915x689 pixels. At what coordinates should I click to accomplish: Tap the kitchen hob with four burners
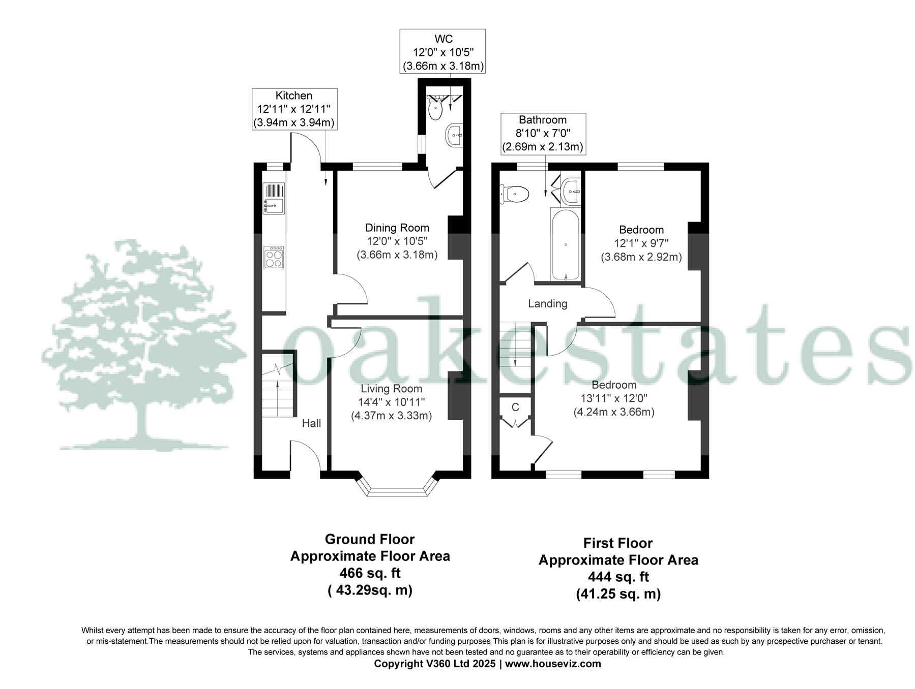pos(274,257)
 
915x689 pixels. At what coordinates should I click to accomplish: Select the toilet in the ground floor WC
pos(435,109)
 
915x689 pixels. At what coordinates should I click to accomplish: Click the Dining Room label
pos(397,228)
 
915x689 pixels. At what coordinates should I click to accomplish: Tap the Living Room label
pos(391,389)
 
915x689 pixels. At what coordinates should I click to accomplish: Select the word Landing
pos(547,304)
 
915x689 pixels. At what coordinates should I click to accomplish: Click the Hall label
pos(311,423)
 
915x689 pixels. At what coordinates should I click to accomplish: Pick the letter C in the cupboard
pos(515,408)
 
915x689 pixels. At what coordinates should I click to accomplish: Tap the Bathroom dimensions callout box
pos(543,134)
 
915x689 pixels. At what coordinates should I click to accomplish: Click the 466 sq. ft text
pos(370,573)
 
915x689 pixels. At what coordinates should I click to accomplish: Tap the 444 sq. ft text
pos(618,577)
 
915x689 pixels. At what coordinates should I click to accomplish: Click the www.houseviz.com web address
pos(553,664)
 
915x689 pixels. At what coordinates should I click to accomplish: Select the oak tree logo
pos(142,346)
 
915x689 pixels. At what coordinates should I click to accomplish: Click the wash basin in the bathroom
pos(571,192)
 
